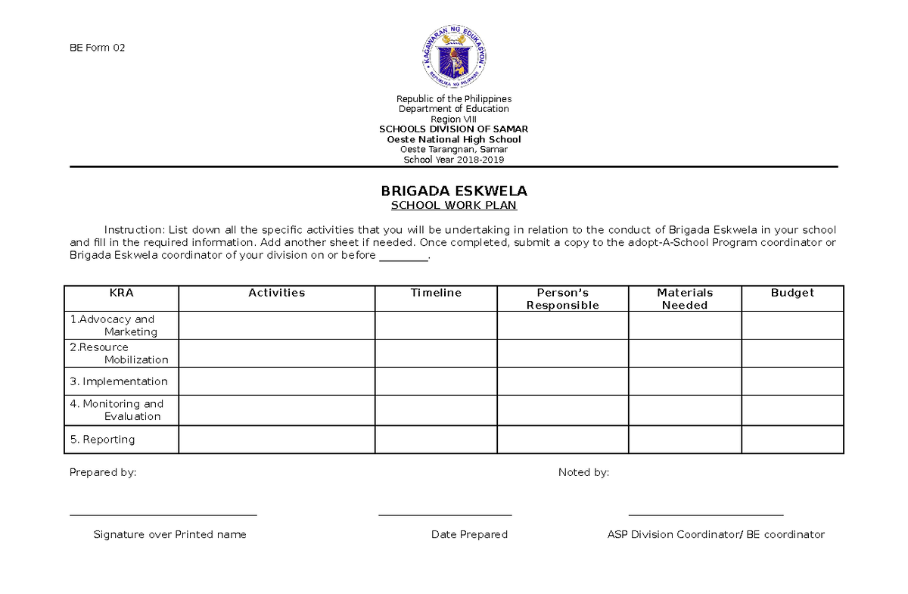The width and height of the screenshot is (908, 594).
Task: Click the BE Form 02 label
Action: click(97, 48)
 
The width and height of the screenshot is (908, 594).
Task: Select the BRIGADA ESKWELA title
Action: click(453, 191)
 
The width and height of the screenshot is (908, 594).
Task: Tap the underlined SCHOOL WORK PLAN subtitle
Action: click(453, 206)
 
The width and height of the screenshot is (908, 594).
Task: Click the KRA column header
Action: click(121, 293)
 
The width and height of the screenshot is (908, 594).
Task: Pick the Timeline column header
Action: click(436, 293)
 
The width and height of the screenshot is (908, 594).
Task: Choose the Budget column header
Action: click(792, 293)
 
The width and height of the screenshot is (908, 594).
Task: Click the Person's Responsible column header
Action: click(562, 299)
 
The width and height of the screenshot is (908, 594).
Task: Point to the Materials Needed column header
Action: click(685, 299)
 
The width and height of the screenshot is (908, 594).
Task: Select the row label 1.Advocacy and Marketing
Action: click(113, 325)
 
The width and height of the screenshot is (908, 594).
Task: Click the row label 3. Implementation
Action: click(119, 381)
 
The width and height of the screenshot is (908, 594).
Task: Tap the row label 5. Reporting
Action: click(102, 440)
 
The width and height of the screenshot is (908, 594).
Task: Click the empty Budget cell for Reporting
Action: click(792, 440)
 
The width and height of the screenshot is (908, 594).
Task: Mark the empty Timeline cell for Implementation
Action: click(436, 381)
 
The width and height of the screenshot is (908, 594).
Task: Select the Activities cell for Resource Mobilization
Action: click(276, 353)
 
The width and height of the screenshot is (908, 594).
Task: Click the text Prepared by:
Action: click(103, 473)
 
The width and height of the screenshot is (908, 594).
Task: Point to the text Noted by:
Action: click(583, 473)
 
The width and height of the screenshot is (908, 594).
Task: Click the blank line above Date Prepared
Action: click(445, 515)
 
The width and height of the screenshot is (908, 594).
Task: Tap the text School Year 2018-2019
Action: click(453, 160)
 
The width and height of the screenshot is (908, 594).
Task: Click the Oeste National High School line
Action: click(453, 139)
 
